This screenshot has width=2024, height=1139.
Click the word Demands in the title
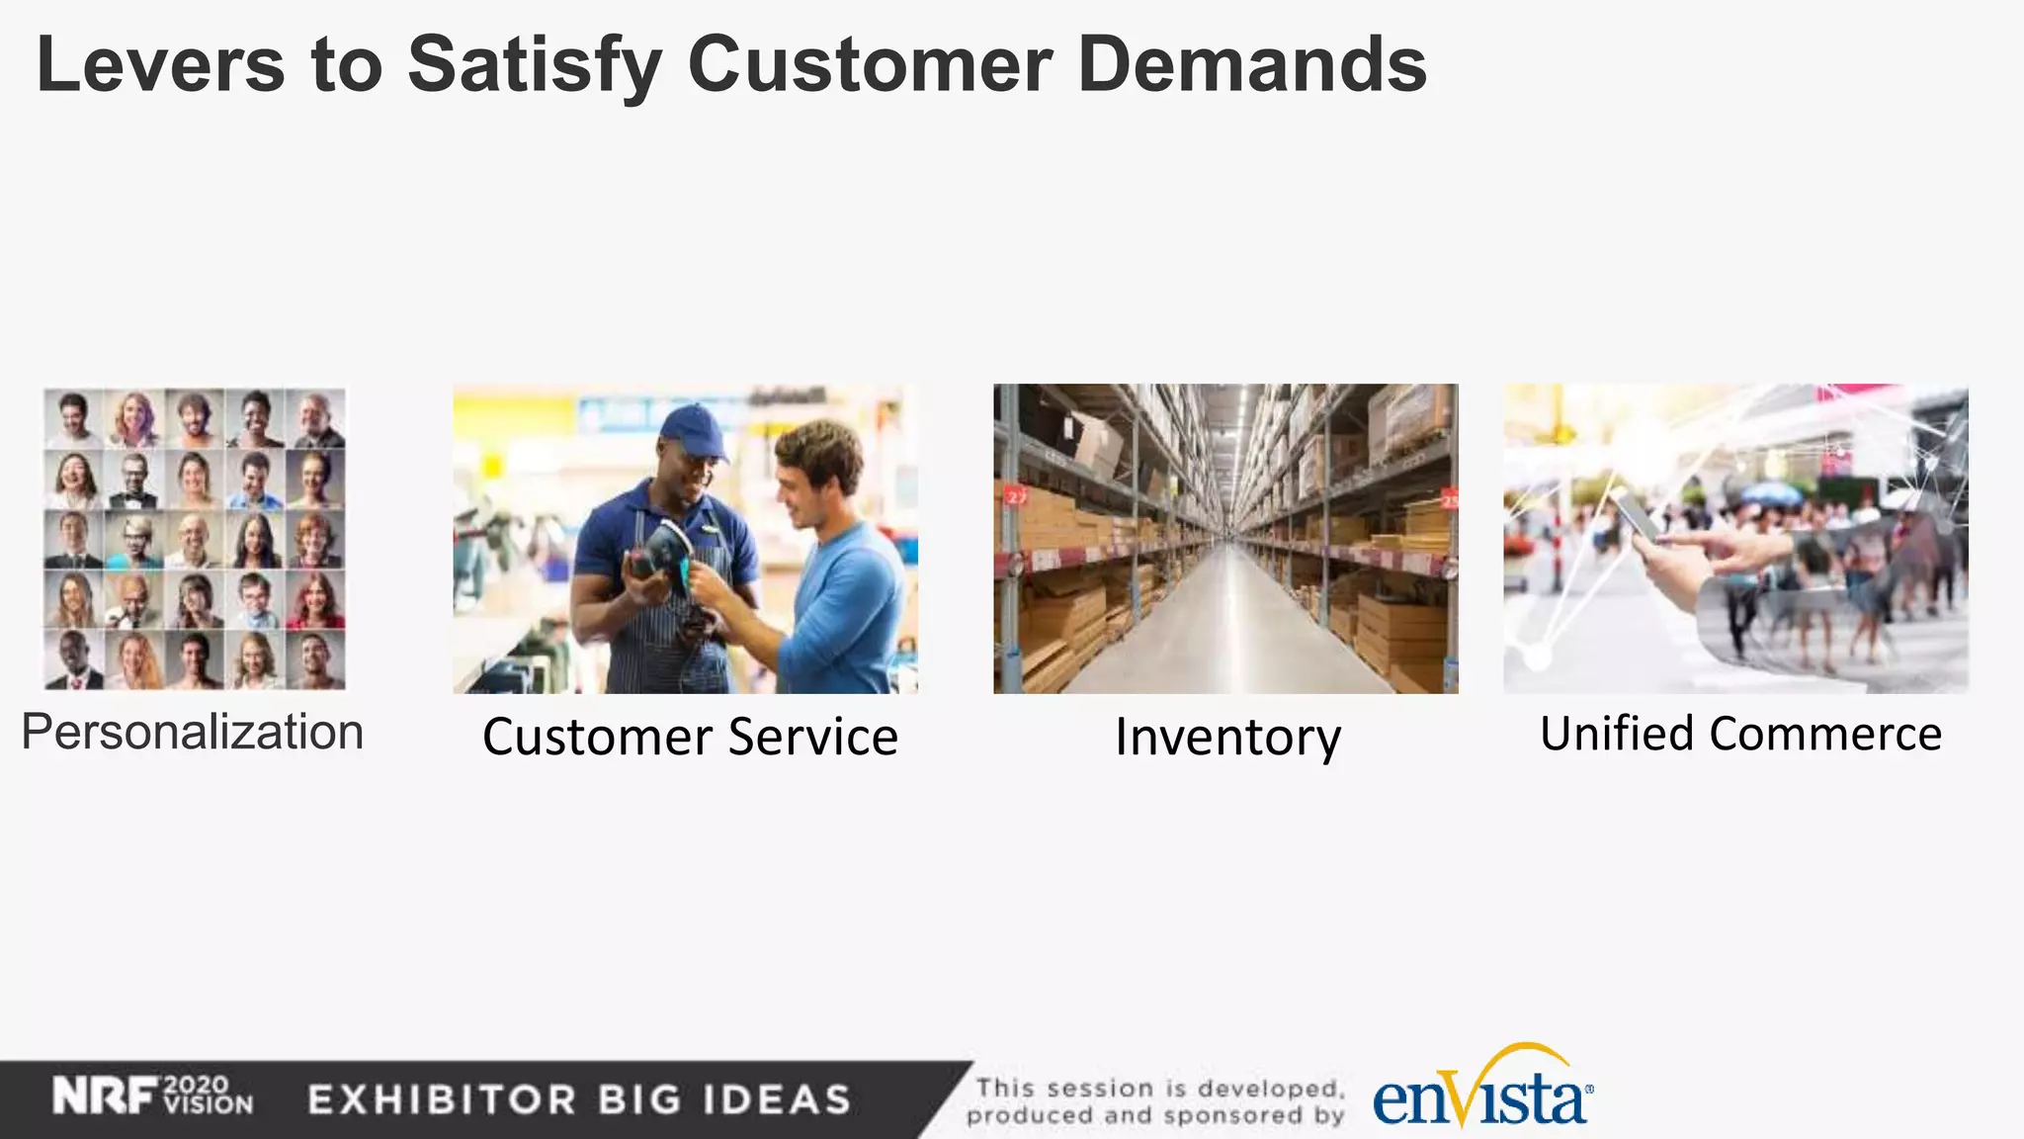1252,65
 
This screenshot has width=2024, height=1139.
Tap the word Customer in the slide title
870,65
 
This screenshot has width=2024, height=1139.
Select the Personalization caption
193,733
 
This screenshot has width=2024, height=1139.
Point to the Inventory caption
1227,738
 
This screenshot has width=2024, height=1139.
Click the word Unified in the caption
1617,734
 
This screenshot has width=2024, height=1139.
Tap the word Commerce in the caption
1825,734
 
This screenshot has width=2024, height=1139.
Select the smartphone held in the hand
1638,515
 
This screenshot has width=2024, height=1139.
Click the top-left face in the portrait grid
73,417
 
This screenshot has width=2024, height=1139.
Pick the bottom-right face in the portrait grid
315,659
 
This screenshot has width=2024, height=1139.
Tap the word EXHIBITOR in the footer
442,1099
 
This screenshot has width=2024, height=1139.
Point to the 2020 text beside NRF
196,1086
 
